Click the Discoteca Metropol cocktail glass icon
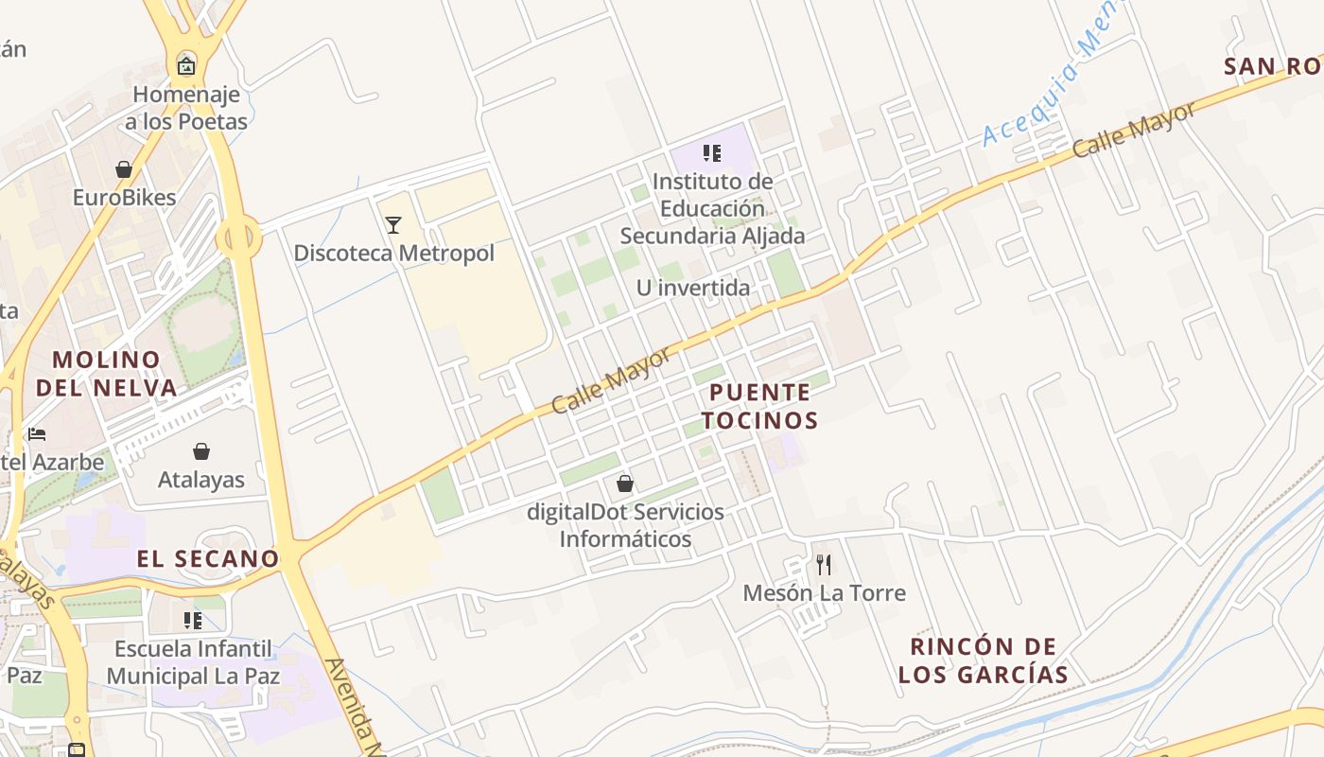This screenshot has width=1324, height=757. [x=393, y=225]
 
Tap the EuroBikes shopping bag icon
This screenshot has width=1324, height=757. [x=124, y=169]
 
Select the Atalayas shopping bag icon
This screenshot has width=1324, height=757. [x=201, y=451]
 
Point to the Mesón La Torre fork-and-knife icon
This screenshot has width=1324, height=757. [x=824, y=565]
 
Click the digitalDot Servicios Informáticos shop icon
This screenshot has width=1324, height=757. [x=625, y=484]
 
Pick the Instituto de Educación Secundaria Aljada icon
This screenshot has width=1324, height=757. [x=712, y=153]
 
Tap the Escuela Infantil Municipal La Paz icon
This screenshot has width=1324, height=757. [x=193, y=621]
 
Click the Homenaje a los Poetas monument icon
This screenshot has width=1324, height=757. [x=186, y=66]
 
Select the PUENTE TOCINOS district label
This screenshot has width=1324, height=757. [x=759, y=406]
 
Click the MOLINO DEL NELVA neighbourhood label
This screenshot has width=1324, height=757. [x=107, y=374]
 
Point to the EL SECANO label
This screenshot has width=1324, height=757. [x=208, y=559]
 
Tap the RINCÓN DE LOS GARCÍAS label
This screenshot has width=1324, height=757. [x=983, y=660]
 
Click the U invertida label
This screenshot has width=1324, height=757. [x=693, y=288]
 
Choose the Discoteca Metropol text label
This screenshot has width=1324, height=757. [x=393, y=254]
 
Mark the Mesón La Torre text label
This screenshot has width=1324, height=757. [x=824, y=593]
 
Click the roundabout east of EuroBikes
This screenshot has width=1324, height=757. [x=238, y=238]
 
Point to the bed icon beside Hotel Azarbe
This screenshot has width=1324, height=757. [x=37, y=434]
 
